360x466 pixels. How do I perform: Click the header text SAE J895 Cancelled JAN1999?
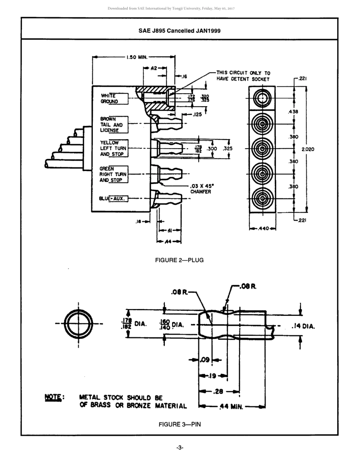(179, 31)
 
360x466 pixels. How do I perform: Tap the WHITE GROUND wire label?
(109, 99)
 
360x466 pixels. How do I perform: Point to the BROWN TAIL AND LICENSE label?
(111, 125)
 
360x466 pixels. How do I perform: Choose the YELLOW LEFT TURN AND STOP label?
(113, 149)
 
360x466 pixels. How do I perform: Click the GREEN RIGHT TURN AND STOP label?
(113, 174)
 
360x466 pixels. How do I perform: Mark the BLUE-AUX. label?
(112, 198)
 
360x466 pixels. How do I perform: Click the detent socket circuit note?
(243, 76)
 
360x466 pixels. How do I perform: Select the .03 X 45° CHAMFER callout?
(202, 189)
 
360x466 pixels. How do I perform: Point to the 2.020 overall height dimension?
(308, 149)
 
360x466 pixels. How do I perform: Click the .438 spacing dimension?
(293, 112)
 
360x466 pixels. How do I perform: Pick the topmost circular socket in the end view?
(262, 99)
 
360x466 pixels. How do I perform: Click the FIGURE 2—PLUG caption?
(179, 260)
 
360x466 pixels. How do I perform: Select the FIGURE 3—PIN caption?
(179, 424)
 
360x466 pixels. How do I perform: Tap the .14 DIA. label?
(303, 326)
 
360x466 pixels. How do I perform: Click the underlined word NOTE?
(53, 397)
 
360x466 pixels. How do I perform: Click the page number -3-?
(180, 448)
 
